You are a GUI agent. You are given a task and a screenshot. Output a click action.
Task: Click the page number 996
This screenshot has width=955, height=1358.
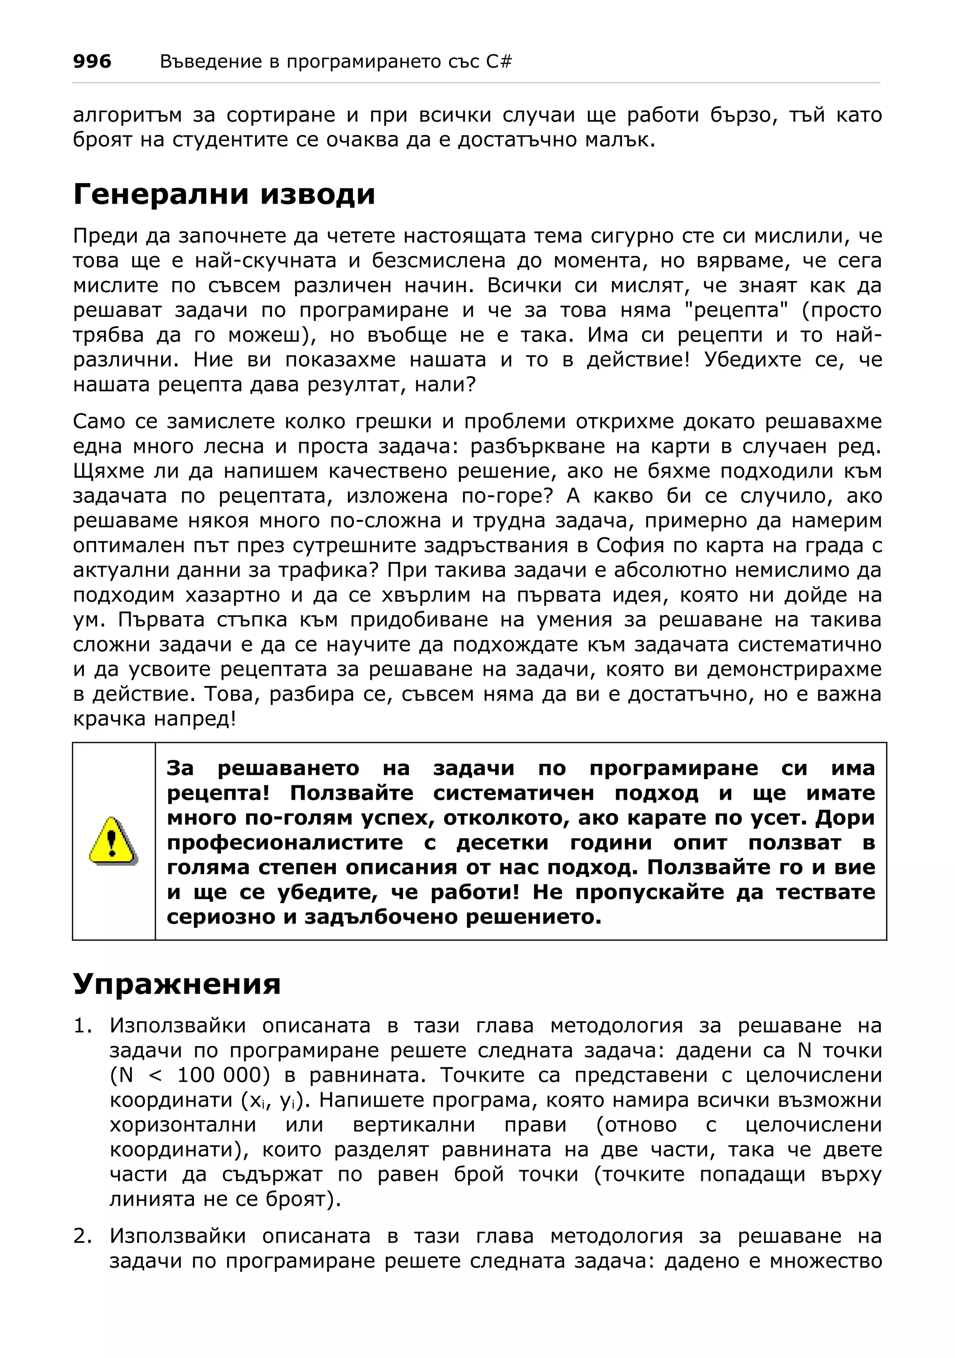coord(92,61)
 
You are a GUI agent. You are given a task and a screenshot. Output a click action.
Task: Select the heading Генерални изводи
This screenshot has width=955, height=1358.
coord(224,194)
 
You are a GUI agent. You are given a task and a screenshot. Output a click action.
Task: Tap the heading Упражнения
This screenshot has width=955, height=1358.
coord(176,984)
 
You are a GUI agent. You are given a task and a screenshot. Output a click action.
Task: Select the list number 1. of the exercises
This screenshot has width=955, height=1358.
coord(83,1026)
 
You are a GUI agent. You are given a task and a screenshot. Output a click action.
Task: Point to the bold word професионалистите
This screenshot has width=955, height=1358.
coord(284,842)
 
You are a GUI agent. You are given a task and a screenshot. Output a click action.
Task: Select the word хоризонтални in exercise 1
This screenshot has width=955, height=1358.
coord(183,1125)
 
